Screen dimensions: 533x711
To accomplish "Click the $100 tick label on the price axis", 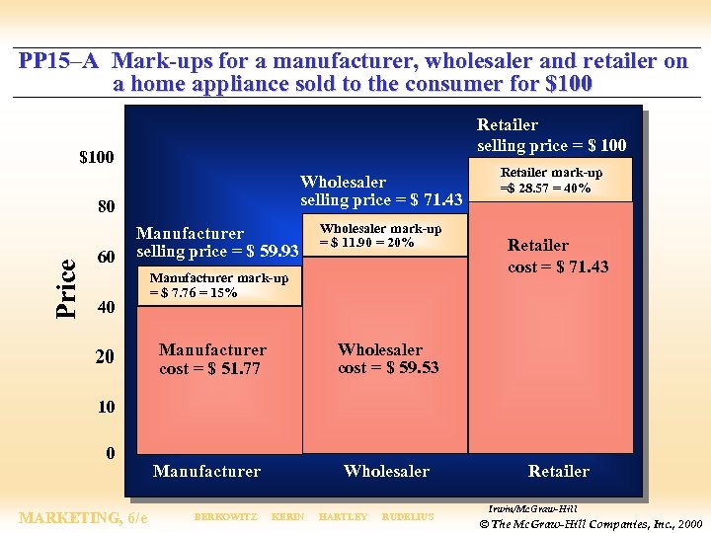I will coord(96,158).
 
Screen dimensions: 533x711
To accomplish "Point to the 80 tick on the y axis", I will coord(105,208).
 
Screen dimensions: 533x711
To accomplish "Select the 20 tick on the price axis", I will coord(105,356).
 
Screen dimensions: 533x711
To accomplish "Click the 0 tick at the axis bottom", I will coord(110,454).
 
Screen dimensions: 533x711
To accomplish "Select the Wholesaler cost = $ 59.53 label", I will coord(388,359).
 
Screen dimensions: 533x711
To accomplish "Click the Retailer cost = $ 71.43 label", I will coord(558,256).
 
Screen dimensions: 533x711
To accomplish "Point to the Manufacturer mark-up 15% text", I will coord(218,285).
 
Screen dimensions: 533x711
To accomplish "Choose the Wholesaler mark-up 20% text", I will coord(379,235).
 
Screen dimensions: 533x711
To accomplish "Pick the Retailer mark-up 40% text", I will coord(550,180).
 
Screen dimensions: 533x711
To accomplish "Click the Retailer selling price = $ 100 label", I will coord(551,135).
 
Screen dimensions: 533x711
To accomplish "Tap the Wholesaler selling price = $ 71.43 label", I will coord(381,190).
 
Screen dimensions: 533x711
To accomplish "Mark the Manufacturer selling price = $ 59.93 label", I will coord(217,243).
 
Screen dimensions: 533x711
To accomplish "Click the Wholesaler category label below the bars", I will coord(386,472).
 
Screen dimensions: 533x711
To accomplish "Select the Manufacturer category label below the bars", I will coord(206,472).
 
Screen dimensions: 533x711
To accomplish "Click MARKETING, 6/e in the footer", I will coord(84,517).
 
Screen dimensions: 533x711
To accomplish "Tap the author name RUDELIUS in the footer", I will coord(407,517).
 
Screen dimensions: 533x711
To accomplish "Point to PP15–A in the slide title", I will coord(58,61).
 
